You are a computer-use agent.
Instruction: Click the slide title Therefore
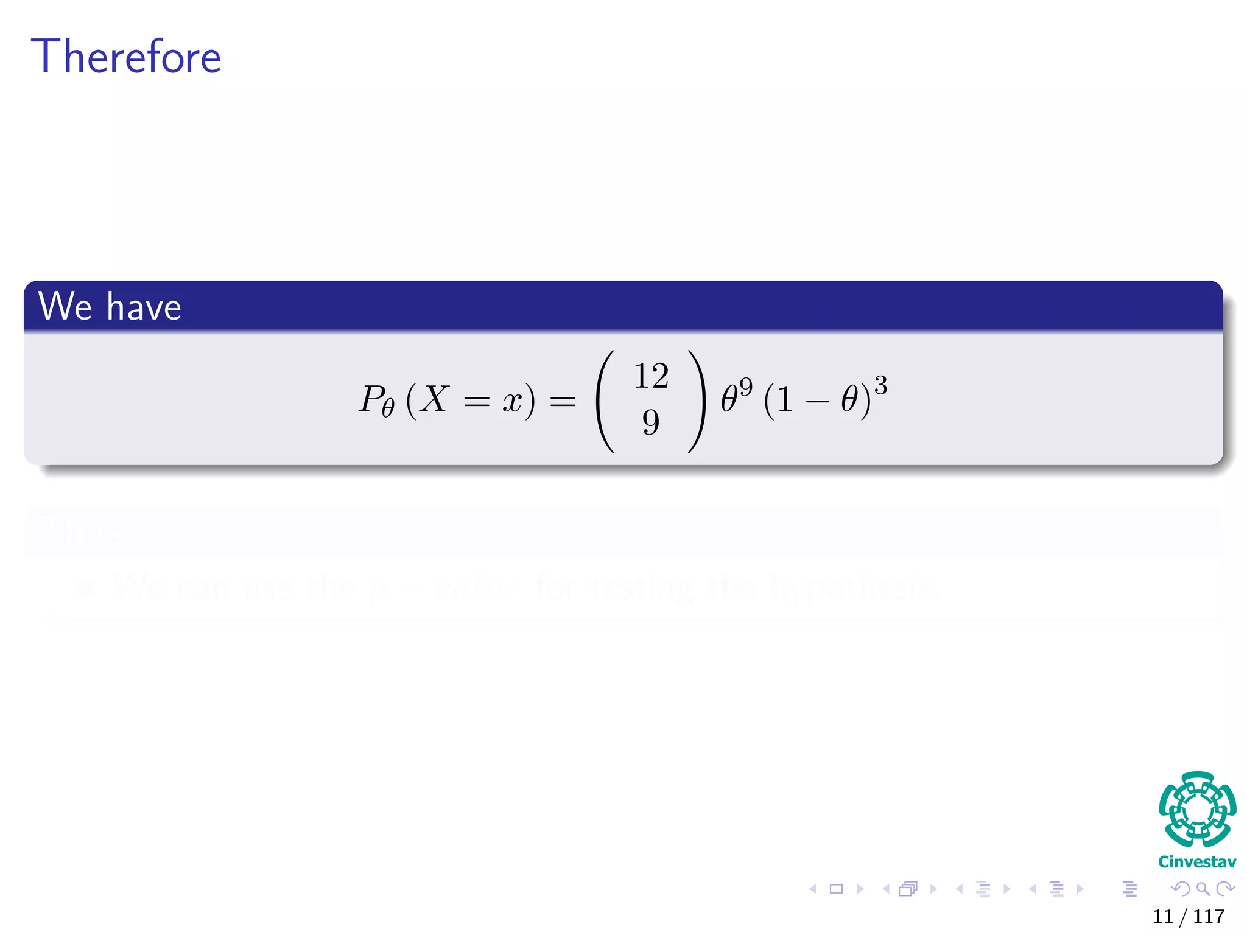(x=125, y=57)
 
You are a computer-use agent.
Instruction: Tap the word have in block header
(x=144, y=307)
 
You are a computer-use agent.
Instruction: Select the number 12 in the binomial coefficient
(x=651, y=376)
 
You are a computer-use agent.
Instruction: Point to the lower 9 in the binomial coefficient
(x=650, y=422)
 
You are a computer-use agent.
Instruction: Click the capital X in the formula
(x=434, y=399)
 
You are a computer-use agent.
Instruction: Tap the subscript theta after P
(x=388, y=408)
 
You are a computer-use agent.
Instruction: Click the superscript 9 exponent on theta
(x=746, y=386)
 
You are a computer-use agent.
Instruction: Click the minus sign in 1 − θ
(x=817, y=402)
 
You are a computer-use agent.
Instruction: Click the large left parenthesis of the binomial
(x=606, y=401)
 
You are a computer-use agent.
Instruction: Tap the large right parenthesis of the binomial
(x=697, y=401)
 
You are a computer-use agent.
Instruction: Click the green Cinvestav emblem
(x=1197, y=809)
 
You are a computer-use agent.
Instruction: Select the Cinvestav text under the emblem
(x=1196, y=862)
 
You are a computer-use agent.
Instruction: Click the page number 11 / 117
(x=1188, y=916)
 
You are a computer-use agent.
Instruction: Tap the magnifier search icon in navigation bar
(x=1203, y=889)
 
